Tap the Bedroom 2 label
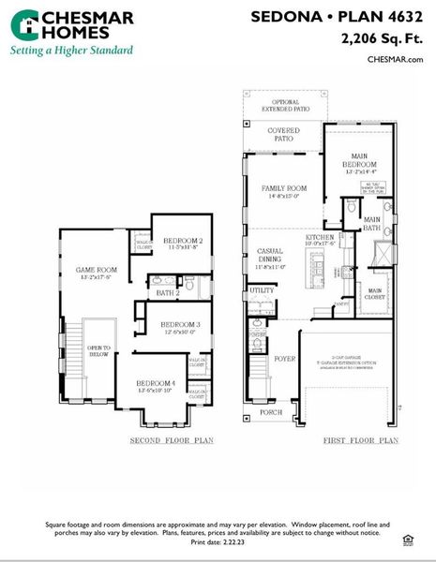[176, 243]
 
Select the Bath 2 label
[169, 293]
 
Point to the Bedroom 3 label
[170, 326]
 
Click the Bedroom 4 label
[156, 384]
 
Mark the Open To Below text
[98, 350]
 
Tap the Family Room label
[283, 190]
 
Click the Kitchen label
[320, 239]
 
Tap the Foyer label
[284, 357]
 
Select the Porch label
[271, 411]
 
